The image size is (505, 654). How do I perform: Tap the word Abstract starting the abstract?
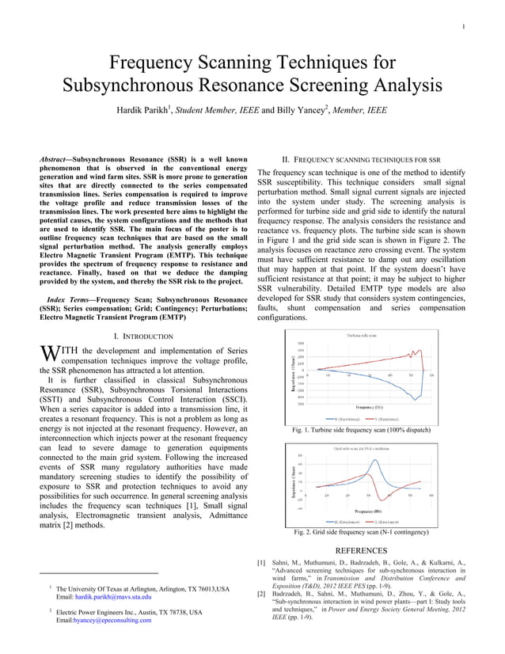(x=59, y=161)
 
